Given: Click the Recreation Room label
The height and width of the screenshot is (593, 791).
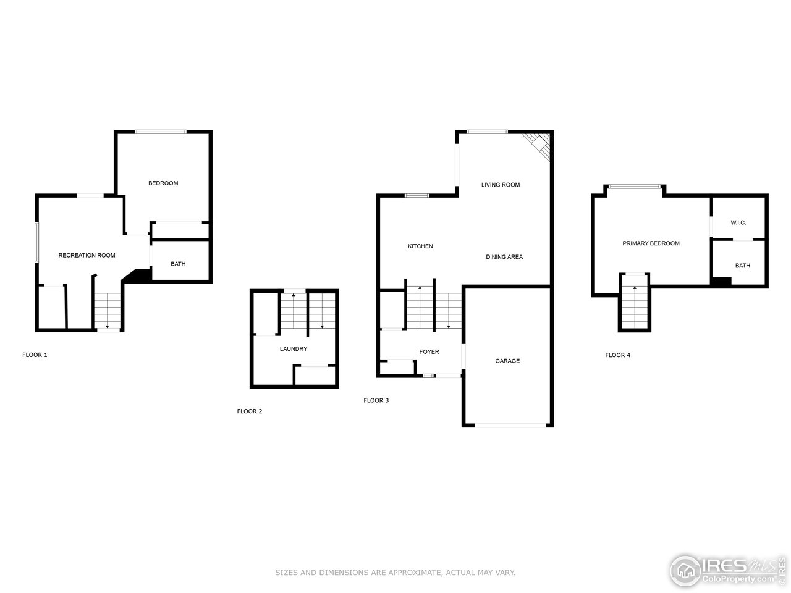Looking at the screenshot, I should coord(87,255).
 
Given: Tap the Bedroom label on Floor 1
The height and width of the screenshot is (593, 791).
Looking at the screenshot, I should coord(163,183).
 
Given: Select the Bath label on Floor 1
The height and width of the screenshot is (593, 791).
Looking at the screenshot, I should coord(178,264).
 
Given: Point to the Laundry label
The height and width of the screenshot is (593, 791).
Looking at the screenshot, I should coord(293,348).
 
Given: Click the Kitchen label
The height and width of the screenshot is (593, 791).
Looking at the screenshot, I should coord(420,246).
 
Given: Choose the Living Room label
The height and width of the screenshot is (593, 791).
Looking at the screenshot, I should coord(501,185).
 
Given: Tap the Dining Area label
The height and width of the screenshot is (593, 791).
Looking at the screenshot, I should coord(504,257).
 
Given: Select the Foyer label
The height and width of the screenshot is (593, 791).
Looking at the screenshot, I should coord(429,351).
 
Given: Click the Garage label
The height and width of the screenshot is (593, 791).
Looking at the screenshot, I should coord(507,361).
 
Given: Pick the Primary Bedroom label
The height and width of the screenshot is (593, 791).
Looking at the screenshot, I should coord(651,243).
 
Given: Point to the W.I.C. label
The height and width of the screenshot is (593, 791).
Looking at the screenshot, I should coord(738,222).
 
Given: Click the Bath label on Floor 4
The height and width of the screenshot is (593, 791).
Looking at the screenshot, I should coord(743,266).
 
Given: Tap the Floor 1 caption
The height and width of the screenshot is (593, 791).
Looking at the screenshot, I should coord(35,355).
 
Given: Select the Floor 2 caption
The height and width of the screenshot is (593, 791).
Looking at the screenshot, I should coord(250,411).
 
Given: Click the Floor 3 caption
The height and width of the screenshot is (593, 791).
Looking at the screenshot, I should coord(376,400).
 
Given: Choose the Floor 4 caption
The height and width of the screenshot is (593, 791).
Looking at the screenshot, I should coord(617,355).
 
